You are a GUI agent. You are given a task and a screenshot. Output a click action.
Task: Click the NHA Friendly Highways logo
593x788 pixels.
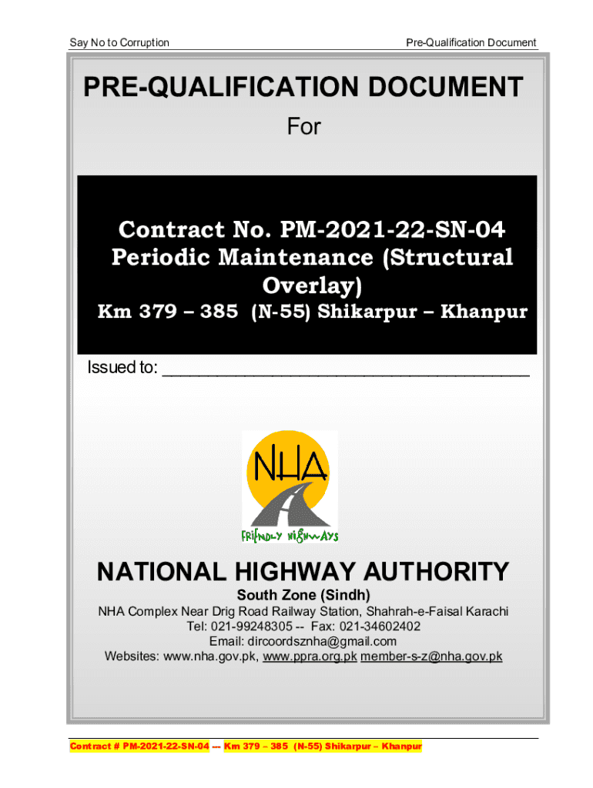[x=290, y=486]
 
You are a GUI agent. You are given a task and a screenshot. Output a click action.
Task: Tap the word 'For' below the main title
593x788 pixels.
[x=303, y=126]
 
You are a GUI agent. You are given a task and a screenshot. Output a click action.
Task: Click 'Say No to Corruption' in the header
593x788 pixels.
[x=119, y=42]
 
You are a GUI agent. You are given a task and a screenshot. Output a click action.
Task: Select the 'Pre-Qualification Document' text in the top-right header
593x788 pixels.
[x=471, y=42]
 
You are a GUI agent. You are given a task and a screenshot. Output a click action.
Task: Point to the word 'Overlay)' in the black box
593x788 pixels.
[x=312, y=285]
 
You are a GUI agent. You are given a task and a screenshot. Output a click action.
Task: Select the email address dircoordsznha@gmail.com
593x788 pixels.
[x=322, y=641]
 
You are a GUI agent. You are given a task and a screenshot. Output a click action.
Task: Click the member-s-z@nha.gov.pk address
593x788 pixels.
[x=431, y=656]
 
